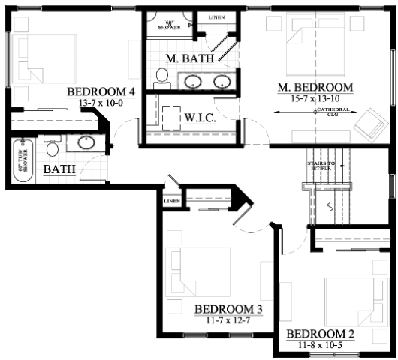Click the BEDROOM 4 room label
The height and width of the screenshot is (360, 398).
[101, 92]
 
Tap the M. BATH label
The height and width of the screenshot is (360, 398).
[190, 58]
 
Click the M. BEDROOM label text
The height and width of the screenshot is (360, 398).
[315, 88]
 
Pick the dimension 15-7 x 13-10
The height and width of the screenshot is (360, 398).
[315, 97]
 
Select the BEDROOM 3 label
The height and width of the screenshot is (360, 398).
[228, 309]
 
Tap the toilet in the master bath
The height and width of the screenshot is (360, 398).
[161, 76]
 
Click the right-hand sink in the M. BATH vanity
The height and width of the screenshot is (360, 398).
[222, 81]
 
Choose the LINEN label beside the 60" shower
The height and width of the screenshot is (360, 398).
[215, 15]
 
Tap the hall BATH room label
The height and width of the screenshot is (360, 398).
[58, 169]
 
